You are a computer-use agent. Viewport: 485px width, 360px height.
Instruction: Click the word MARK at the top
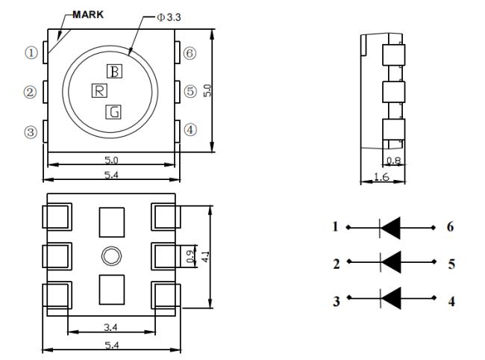click(x=88, y=14)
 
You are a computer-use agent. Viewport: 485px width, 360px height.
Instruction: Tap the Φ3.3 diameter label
click(x=169, y=17)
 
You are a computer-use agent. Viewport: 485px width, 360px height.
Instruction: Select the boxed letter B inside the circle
click(x=114, y=71)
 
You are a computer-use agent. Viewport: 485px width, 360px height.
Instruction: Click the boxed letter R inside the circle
click(x=99, y=90)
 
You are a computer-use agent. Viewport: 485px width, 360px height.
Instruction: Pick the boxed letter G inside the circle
click(x=113, y=112)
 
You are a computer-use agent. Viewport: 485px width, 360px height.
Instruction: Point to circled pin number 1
click(x=31, y=53)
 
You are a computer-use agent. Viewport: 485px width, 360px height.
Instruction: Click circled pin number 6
click(x=190, y=53)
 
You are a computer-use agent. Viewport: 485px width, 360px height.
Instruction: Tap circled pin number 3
click(x=31, y=132)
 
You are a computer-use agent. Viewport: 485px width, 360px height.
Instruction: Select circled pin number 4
click(x=190, y=130)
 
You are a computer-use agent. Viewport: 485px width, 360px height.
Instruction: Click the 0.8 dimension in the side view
click(x=394, y=161)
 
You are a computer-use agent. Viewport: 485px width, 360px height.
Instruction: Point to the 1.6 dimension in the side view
click(x=381, y=177)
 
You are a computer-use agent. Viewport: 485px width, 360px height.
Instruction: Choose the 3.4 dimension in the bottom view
click(x=110, y=327)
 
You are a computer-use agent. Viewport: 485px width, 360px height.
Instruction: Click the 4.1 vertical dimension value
click(x=206, y=257)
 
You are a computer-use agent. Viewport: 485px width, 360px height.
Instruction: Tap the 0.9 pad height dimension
click(x=191, y=256)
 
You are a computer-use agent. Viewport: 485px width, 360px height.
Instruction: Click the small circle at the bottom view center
click(x=111, y=256)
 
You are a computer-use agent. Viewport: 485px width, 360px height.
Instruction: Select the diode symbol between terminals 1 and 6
click(x=390, y=228)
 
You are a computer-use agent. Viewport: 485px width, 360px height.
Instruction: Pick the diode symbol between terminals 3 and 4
click(x=391, y=298)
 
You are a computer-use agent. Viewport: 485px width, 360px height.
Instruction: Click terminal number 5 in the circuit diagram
click(x=451, y=264)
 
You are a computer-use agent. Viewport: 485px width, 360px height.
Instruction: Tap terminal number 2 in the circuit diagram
click(x=337, y=264)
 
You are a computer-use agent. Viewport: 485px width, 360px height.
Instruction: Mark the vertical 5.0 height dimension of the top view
click(x=207, y=90)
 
